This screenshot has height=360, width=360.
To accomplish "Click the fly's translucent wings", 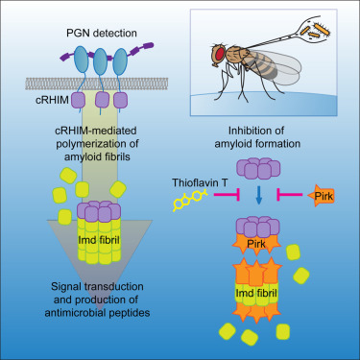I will coord(278,67).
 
